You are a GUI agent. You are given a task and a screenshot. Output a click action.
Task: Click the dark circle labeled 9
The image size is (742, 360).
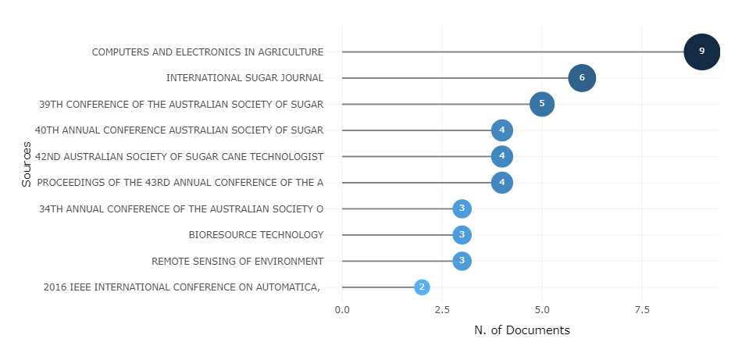pos(701,52)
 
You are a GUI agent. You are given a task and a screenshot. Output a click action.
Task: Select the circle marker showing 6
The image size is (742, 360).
pos(582,78)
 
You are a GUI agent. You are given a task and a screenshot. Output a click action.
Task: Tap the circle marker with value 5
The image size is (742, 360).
pos(542,104)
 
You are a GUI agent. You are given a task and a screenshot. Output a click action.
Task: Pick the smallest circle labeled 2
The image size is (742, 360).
pos(422,287)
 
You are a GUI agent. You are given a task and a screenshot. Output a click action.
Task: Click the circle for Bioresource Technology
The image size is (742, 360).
pos(462,235)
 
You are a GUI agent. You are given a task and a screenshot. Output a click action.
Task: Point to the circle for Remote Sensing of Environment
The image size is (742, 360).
pos(462,261)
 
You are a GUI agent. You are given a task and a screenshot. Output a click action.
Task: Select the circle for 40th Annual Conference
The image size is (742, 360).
pos(502,130)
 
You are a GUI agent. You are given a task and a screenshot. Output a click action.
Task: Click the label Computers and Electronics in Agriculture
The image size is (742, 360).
pos(207,52)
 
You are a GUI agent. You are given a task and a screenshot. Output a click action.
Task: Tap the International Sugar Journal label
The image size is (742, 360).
pos(244,78)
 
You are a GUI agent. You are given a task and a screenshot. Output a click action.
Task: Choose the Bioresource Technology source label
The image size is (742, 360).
pos(255,235)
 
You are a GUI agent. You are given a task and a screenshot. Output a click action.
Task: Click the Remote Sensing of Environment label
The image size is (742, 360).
pos(237,261)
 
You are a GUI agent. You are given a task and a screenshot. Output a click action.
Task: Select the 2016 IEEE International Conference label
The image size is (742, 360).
pos(182,287)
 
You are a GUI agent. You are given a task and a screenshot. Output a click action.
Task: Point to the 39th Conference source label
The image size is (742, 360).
pos(181,104)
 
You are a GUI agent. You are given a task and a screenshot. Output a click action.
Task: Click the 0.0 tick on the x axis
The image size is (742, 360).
pos(342,310)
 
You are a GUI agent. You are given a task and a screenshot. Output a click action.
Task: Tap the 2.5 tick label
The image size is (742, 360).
pos(442,310)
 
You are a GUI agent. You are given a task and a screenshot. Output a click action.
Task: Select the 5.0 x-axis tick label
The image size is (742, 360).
pos(542,310)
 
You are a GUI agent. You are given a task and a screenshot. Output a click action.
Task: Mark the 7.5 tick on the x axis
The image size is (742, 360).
pos(642,310)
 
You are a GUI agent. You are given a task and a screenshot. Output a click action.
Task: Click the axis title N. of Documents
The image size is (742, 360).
pos(522,330)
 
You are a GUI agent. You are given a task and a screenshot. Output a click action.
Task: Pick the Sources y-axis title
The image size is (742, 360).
pos(27,164)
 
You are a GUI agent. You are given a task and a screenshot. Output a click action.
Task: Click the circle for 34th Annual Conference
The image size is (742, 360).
pos(462,209)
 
